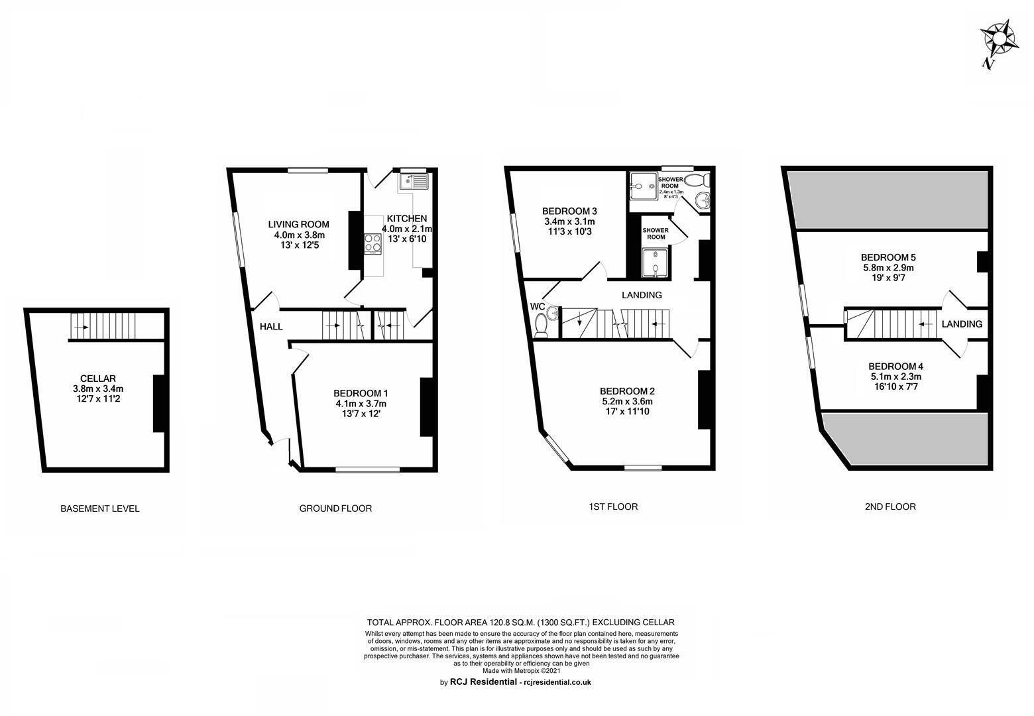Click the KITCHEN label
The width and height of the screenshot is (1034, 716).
pyautogui.click(x=407, y=219)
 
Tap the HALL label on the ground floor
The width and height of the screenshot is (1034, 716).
pyautogui.click(x=271, y=326)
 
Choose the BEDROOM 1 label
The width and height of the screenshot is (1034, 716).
pyautogui.click(x=361, y=392)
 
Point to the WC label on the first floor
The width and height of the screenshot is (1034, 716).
pyautogui.click(x=537, y=306)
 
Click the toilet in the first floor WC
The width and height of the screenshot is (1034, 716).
pyautogui.click(x=542, y=325)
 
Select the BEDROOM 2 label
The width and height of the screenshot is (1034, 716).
pyautogui.click(x=627, y=390)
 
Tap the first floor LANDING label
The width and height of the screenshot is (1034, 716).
pyautogui.click(x=642, y=295)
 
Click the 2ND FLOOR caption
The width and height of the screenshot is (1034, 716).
pyautogui.click(x=890, y=507)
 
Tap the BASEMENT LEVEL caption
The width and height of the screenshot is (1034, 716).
pyautogui.click(x=100, y=508)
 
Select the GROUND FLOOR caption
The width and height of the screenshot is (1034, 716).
pyautogui.click(x=335, y=508)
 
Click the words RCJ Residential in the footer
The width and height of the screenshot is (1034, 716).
pyautogui.click(x=483, y=682)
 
